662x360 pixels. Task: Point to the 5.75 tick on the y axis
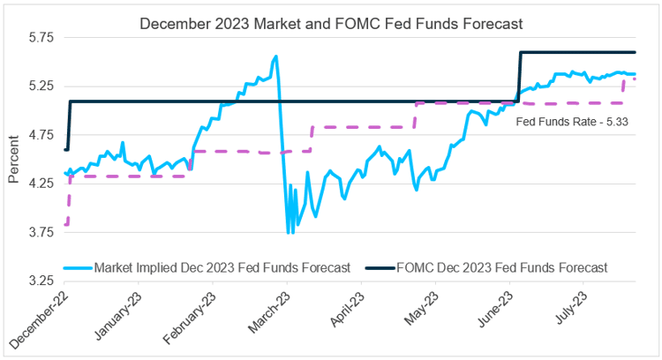(41, 38)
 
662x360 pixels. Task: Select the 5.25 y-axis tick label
(41, 86)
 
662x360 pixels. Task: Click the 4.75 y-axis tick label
(41, 135)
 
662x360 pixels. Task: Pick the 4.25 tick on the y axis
(41, 184)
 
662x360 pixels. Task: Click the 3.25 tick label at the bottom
(41, 281)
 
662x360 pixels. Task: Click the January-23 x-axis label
(117, 319)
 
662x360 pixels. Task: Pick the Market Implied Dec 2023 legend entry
(210, 266)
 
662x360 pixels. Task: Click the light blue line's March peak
(276, 56)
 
